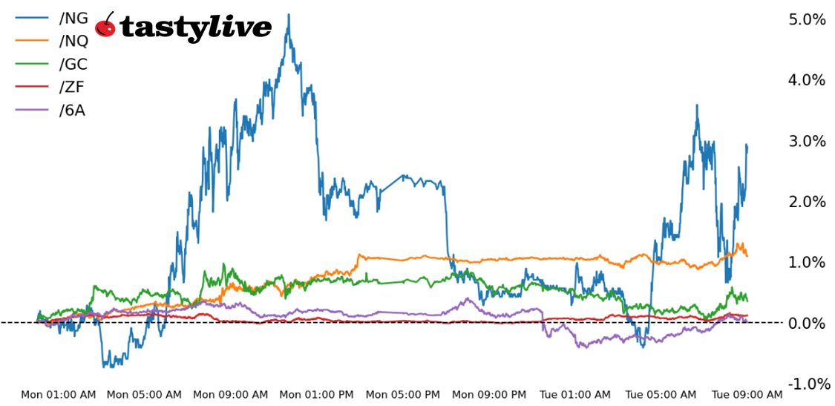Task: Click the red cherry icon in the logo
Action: (106, 26)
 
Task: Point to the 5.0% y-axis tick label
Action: (807, 19)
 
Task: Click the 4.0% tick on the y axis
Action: (807, 80)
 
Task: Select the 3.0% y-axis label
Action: (807, 141)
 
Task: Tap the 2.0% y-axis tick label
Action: (807, 202)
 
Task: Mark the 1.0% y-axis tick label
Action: (807, 262)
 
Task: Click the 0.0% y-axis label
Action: (807, 323)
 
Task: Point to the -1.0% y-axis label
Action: (805, 384)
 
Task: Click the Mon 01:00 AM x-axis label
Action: (58, 395)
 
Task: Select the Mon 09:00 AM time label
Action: (231, 395)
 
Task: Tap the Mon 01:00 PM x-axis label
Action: (317, 395)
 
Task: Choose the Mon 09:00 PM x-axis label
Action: (490, 395)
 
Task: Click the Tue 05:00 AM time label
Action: (661, 395)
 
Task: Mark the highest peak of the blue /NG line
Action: (289, 15)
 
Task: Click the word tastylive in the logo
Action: (195, 27)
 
